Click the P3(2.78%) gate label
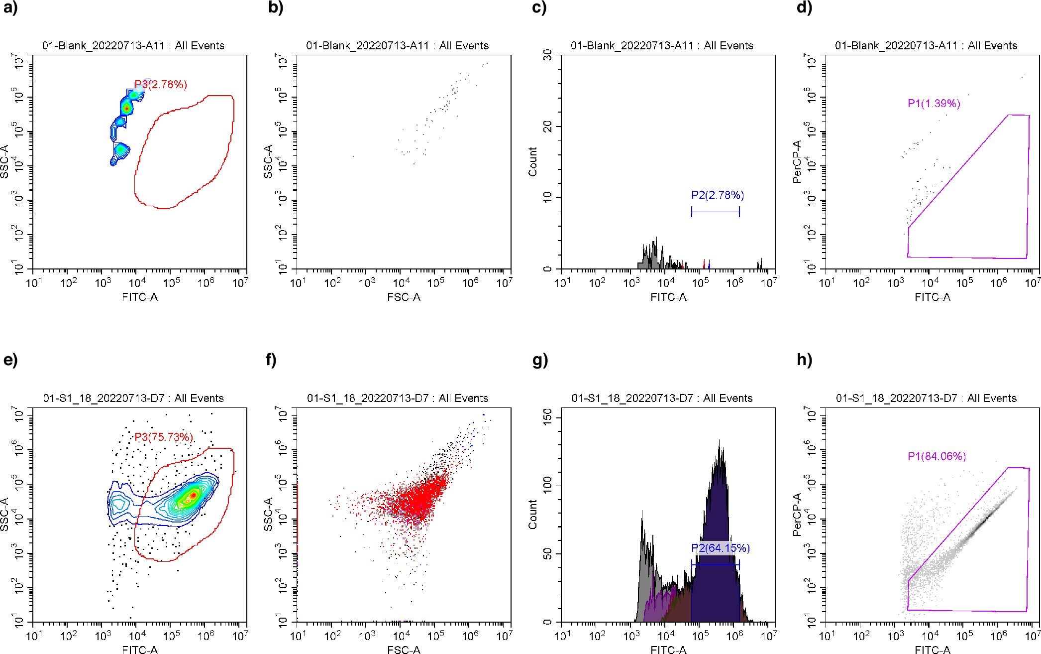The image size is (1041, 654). click(x=161, y=85)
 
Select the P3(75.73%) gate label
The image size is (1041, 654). click(x=164, y=437)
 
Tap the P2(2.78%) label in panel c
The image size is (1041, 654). click(x=718, y=195)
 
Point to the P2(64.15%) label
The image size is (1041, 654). click(x=720, y=548)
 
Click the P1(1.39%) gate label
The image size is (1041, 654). click(x=934, y=104)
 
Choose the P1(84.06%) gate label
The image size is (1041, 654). click(x=937, y=456)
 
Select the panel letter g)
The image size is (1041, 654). click(x=540, y=360)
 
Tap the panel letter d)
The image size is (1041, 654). click(x=804, y=8)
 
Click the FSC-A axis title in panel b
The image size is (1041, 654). click(x=404, y=297)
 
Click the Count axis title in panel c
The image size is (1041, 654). click(x=533, y=162)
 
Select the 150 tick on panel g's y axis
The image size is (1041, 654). click(x=548, y=415)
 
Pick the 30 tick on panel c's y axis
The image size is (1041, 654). click(x=548, y=55)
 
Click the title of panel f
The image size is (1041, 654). click(x=397, y=398)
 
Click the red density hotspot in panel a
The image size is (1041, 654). click(x=126, y=108)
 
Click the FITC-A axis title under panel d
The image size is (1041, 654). click(x=932, y=297)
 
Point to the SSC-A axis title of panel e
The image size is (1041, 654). click(x=4, y=515)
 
